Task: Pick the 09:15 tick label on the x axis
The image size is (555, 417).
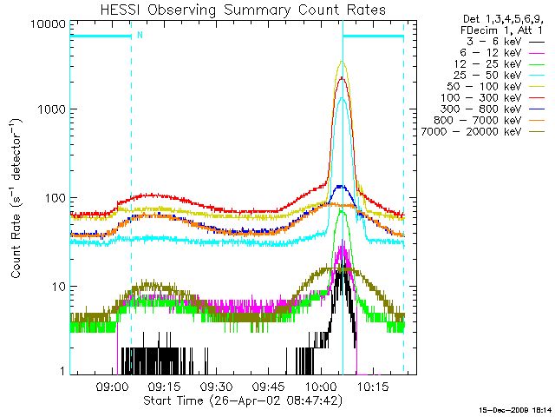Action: point(164,387)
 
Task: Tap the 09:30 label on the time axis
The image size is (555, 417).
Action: point(217,387)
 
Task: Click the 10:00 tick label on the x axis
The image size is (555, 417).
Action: point(322,387)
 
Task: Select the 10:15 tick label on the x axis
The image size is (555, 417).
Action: point(375,387)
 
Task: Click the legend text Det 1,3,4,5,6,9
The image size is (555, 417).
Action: point(491,18)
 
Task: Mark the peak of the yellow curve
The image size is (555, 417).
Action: point(343,62)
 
